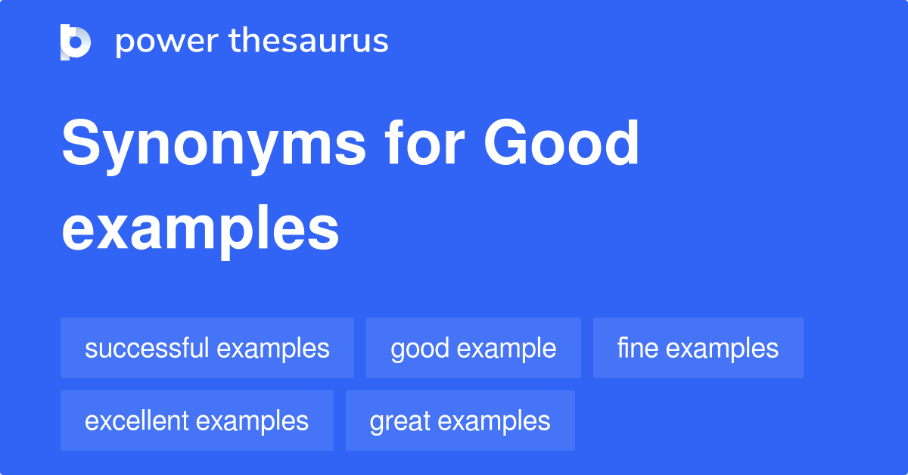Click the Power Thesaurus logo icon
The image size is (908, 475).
76,42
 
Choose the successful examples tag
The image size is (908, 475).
207,348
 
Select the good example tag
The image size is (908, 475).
474,348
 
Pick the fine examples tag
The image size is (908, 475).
698,348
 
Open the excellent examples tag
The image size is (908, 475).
197,421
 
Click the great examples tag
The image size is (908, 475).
460,421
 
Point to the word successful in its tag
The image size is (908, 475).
147,348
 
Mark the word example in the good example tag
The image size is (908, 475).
507,349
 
